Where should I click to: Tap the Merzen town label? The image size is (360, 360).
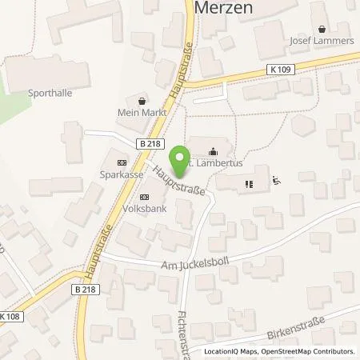tap(223, 10)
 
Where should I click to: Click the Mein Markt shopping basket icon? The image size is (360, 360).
tap(142, 100)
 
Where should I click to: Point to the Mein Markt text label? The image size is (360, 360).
tap(142, 113)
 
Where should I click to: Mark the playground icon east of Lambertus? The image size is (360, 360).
tap(276, 181)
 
